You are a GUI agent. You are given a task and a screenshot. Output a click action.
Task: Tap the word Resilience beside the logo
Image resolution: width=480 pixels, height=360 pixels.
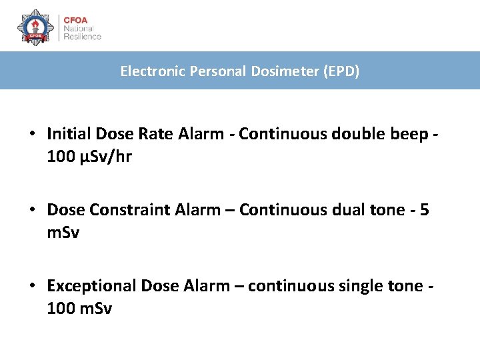click(x=82, y=37)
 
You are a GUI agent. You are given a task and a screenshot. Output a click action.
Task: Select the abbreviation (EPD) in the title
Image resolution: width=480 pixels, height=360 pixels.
click(x=341, y=71)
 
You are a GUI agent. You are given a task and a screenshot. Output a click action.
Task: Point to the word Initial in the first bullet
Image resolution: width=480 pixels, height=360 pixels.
click(x=69, y=134)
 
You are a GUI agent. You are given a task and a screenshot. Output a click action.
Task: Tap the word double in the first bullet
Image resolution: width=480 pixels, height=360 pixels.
click(x=352, y=134)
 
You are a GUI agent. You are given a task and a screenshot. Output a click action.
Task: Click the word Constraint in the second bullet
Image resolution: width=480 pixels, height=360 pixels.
click(x=119, y=210)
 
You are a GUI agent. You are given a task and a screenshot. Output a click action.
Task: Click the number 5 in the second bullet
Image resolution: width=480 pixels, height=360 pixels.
click(x=425, y=210)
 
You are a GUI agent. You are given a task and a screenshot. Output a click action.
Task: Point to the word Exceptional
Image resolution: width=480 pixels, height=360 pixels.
click(x=92, y=286)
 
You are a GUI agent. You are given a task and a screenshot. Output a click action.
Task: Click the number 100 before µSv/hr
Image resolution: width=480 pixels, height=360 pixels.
click(x=59, y=158)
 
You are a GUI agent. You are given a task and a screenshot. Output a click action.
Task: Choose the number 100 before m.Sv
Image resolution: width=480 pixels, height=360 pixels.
click(x=59, y=309)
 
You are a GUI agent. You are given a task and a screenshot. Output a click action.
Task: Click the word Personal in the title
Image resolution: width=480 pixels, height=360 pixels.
click(x=222, y=71)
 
